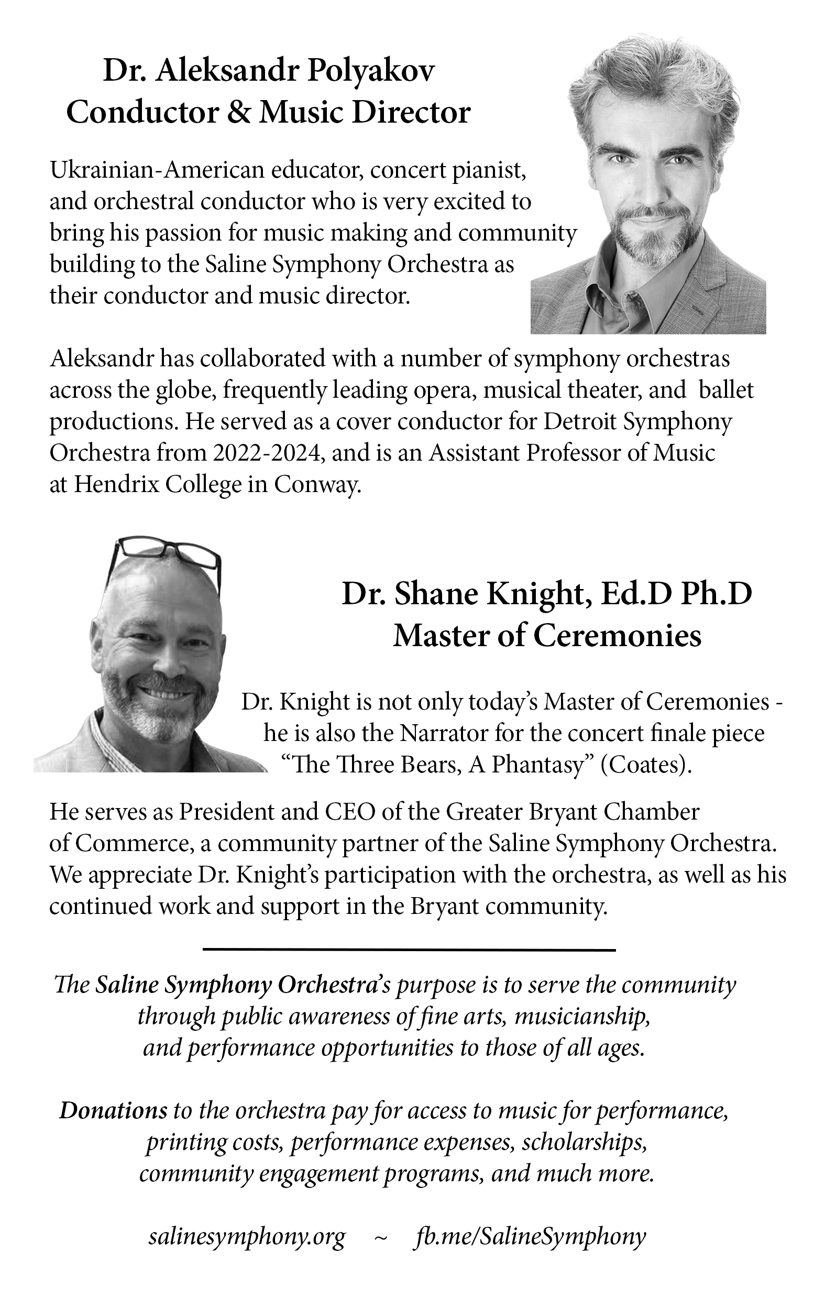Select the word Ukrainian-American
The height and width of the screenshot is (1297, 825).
157,170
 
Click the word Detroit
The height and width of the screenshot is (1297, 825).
579,422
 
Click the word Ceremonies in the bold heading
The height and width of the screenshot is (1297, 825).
617,636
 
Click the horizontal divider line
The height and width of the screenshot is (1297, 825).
409,950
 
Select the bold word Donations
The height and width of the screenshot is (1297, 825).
113,1110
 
